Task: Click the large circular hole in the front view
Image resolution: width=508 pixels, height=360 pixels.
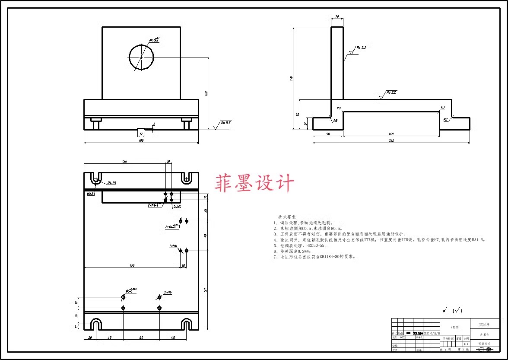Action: pyautogui.click(x=141, y=57)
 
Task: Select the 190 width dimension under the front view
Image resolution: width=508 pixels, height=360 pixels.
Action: pyautogui.click(x=141, y=140)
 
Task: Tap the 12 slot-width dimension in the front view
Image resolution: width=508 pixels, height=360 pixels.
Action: pyautogui.click(x=141, y=134)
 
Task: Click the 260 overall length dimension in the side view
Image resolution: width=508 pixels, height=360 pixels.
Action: pyautogui.click(x=391, y=140)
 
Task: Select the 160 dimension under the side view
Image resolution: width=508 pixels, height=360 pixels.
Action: pyautogui.click(x=391, y=134)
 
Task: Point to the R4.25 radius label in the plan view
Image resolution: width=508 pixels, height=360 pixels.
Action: pyautogui.click(x=111, y=183)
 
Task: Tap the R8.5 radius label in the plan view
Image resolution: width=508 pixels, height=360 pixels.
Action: pyautogui.click(x=90, y=194)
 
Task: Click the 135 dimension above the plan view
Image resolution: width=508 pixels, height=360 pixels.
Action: pyautogui.click(x=124, y=162)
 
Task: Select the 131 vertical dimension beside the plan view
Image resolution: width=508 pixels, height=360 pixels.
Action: pyautogui.click(x=205, y=289)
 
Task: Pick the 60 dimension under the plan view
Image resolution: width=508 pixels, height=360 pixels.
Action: pyautogui.click(x=141, y=338)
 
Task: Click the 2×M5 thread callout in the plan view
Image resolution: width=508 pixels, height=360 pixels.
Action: pyautogui.click(x=168, y=293)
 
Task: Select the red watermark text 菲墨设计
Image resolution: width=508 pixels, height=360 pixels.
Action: pyautogui.click(x=254, y=183)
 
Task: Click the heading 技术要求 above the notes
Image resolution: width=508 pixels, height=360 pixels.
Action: pyautogui.click(x=287, y=217)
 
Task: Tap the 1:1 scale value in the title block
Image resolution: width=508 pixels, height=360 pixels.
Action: pyautogui.click(x=466, y=344)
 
